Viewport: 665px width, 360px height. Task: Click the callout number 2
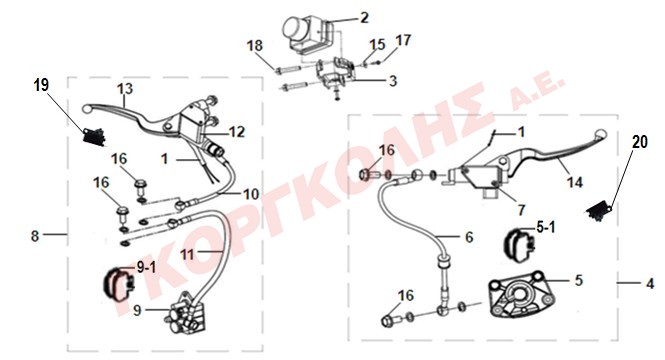pyautogui.click(x=364, y=18)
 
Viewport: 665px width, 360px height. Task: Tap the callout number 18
pyautogui.click(x=255, y=45)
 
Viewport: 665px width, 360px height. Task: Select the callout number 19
pyautogui.click(x=41, y=85)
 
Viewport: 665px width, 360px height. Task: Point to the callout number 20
pyautogui.click(x=640, y=142)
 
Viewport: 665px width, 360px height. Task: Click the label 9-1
pyautogui.click(x=146, y=268)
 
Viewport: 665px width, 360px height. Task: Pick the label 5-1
pyautogui.click(x=546, y=228)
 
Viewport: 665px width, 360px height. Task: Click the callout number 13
pyautogui.click(x=125, y=89)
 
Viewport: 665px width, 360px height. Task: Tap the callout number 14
pyautogui.click(x=575, y=182)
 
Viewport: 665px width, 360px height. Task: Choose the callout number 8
pyautogui.click(x=35, y=236)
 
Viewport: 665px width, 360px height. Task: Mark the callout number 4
pyautogui.click(x=650, y=283)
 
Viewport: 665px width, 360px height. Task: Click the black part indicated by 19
pyautogui.click(x=94, y=137)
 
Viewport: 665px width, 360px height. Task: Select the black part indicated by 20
pyautogui.click(x=599, y=212)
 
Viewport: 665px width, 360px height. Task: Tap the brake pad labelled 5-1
pyautogui.click(x=519, y=243)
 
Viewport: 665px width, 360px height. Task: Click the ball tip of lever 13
pyautogui.click(x=87, y=109)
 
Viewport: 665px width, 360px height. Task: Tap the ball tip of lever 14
pyautogui.click(x=601, y=134)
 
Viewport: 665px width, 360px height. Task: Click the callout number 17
pyautogui.click(x=403, y=40)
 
